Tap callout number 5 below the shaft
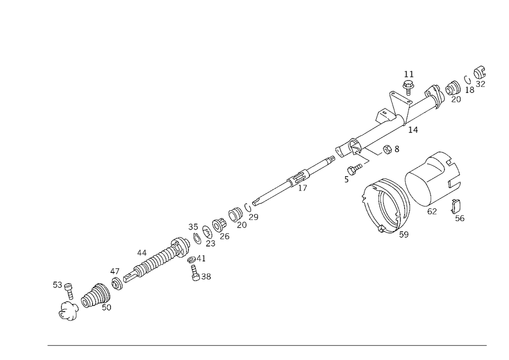point(347,179)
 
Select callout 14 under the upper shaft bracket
point(413,130)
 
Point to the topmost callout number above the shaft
point(408,74)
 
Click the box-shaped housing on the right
point(433,173)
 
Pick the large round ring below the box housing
point(384,206)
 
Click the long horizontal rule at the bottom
point(267,345)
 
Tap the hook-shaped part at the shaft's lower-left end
point(67,312)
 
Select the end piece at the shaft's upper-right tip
point(478,76)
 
